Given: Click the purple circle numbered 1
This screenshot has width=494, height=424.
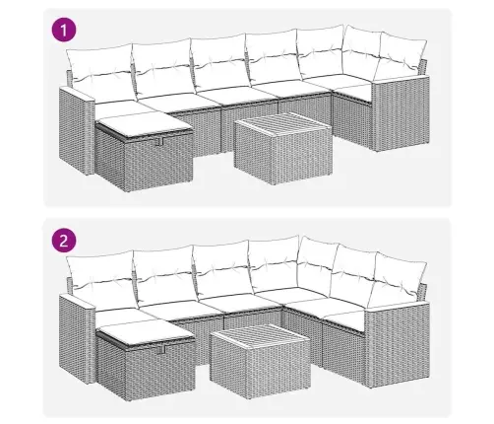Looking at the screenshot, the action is pos(64,30).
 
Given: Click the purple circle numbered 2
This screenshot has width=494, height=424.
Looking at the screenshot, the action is pos(64,241).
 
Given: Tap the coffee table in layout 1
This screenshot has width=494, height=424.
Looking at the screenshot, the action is pos(283,148).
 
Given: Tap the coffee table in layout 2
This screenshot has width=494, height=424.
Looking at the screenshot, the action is pos(260,361).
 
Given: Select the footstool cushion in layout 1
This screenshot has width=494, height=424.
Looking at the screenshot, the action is pos(145,125).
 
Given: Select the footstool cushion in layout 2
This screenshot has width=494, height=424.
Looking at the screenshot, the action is pos(146,332).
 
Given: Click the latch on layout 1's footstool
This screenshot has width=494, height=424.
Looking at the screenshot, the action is pos(159,141).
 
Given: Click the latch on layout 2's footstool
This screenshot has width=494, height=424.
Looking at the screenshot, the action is pos(159,350).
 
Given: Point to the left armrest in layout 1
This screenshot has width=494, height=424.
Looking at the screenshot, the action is pos(76,131).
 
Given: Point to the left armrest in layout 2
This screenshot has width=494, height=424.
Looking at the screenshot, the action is pos(77,338).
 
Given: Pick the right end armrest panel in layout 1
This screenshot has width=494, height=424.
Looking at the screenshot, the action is pos(401,113).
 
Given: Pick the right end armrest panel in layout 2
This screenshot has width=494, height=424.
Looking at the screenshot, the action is pos(398,344).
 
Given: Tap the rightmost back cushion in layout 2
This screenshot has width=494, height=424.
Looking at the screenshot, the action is pos(399,279).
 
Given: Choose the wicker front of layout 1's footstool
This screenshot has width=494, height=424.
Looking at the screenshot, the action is pos(158,164).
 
